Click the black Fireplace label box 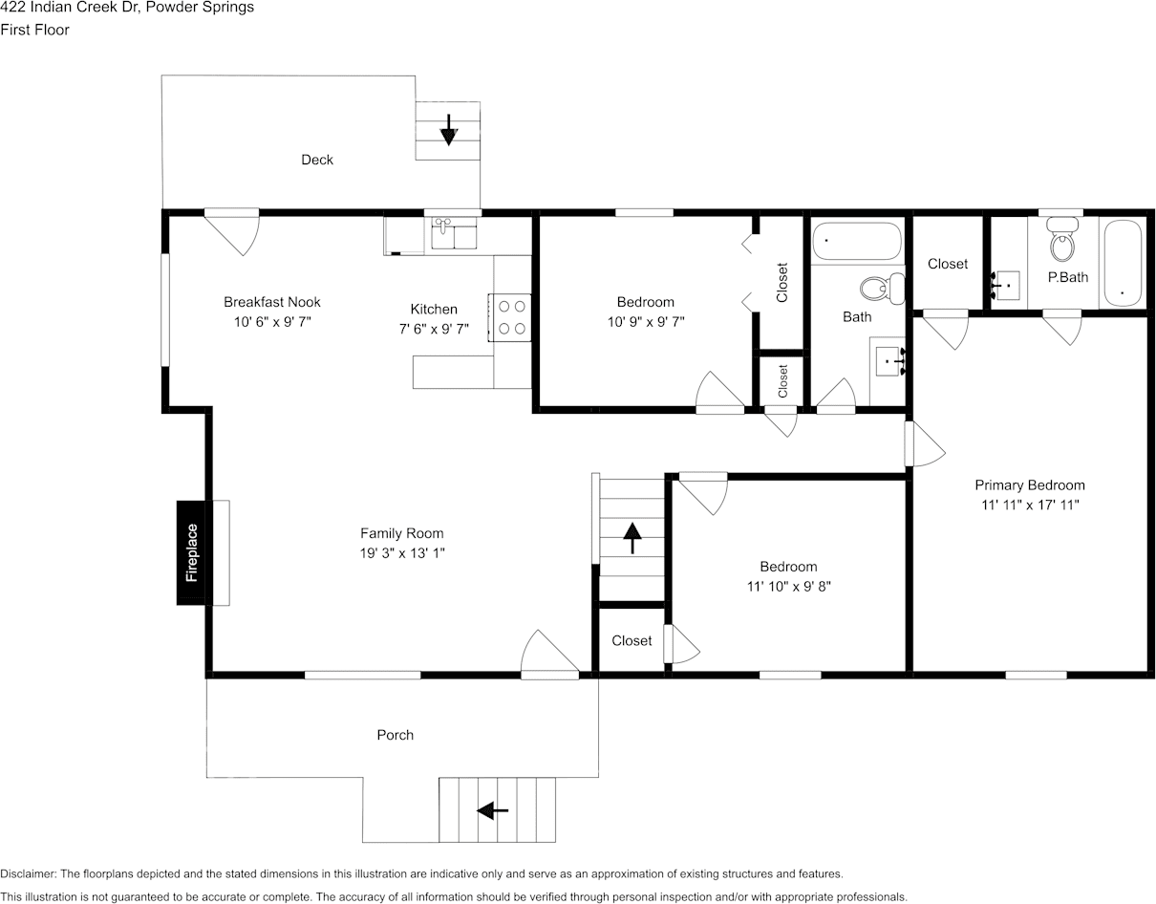(191, 552)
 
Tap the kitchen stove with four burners (511, 317)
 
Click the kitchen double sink (455, 234)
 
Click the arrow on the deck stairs (448, 130)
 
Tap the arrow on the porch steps (493, 810)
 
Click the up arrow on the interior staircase (632, 538)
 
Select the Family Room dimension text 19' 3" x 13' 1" (401, 553)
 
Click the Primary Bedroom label (1030, 484)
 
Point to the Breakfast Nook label (272, 302)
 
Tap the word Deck (317, 160)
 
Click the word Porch (395, 735)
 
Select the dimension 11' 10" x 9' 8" (788, 587)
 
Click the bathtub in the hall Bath (857, 242)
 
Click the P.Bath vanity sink (1005, 285)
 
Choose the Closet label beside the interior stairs (632, 640)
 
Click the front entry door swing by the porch (550, 655)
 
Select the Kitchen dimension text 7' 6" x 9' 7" (434, 329)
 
